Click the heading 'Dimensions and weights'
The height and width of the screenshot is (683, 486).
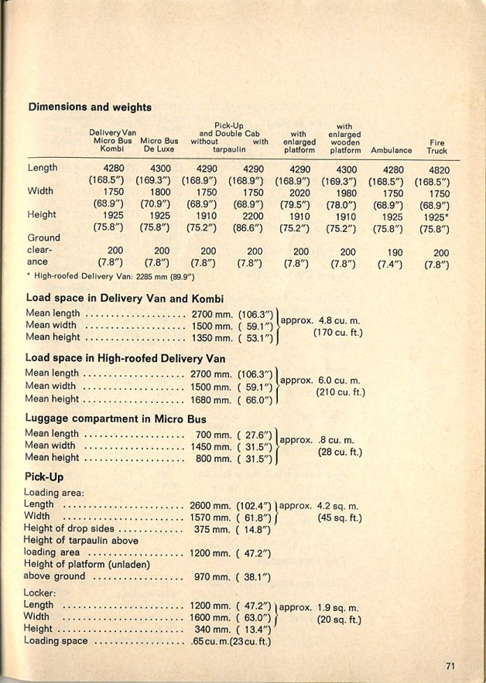[x=90, y=107]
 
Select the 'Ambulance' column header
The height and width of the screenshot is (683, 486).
[x=391, y=149]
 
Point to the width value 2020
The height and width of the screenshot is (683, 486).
[x=301, y=192]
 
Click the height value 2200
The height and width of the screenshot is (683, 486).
[x=254, y=215]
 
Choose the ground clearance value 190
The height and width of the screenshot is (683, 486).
[x=394, y=252]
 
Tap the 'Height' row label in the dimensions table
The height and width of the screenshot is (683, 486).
[x=42, y=214]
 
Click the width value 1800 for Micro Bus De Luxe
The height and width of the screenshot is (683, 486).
[x=160, y=192]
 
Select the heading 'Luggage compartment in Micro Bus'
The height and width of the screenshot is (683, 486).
[x=115, y=418]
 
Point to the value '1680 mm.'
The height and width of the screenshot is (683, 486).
[x=210, y=400]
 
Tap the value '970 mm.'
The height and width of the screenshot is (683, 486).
[x=210, y=576]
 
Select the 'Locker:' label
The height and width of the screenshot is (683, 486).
[x=40, y=593]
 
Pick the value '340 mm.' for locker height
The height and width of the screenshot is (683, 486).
[x=210, y=630]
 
